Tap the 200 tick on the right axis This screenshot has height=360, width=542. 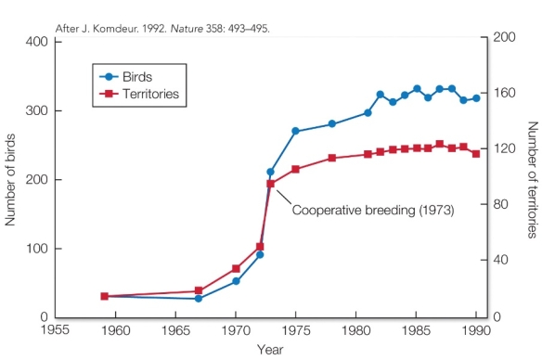(x=502, y=37)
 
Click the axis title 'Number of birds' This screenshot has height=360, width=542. (x=12, y=178)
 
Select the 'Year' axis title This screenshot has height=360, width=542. (x=270, y=350)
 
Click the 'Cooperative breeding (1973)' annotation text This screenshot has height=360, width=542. (x=373, y=211)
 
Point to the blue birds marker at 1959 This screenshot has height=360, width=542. (x=104, y=296)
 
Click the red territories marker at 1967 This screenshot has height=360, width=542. (x=199, y=291)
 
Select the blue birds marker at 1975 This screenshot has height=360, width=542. (x=295, y=131)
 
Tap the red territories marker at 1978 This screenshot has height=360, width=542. (x=331, y=158)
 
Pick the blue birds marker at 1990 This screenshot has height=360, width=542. (x=476, y=98)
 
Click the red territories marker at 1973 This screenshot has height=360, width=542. (x=271, y=184)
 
